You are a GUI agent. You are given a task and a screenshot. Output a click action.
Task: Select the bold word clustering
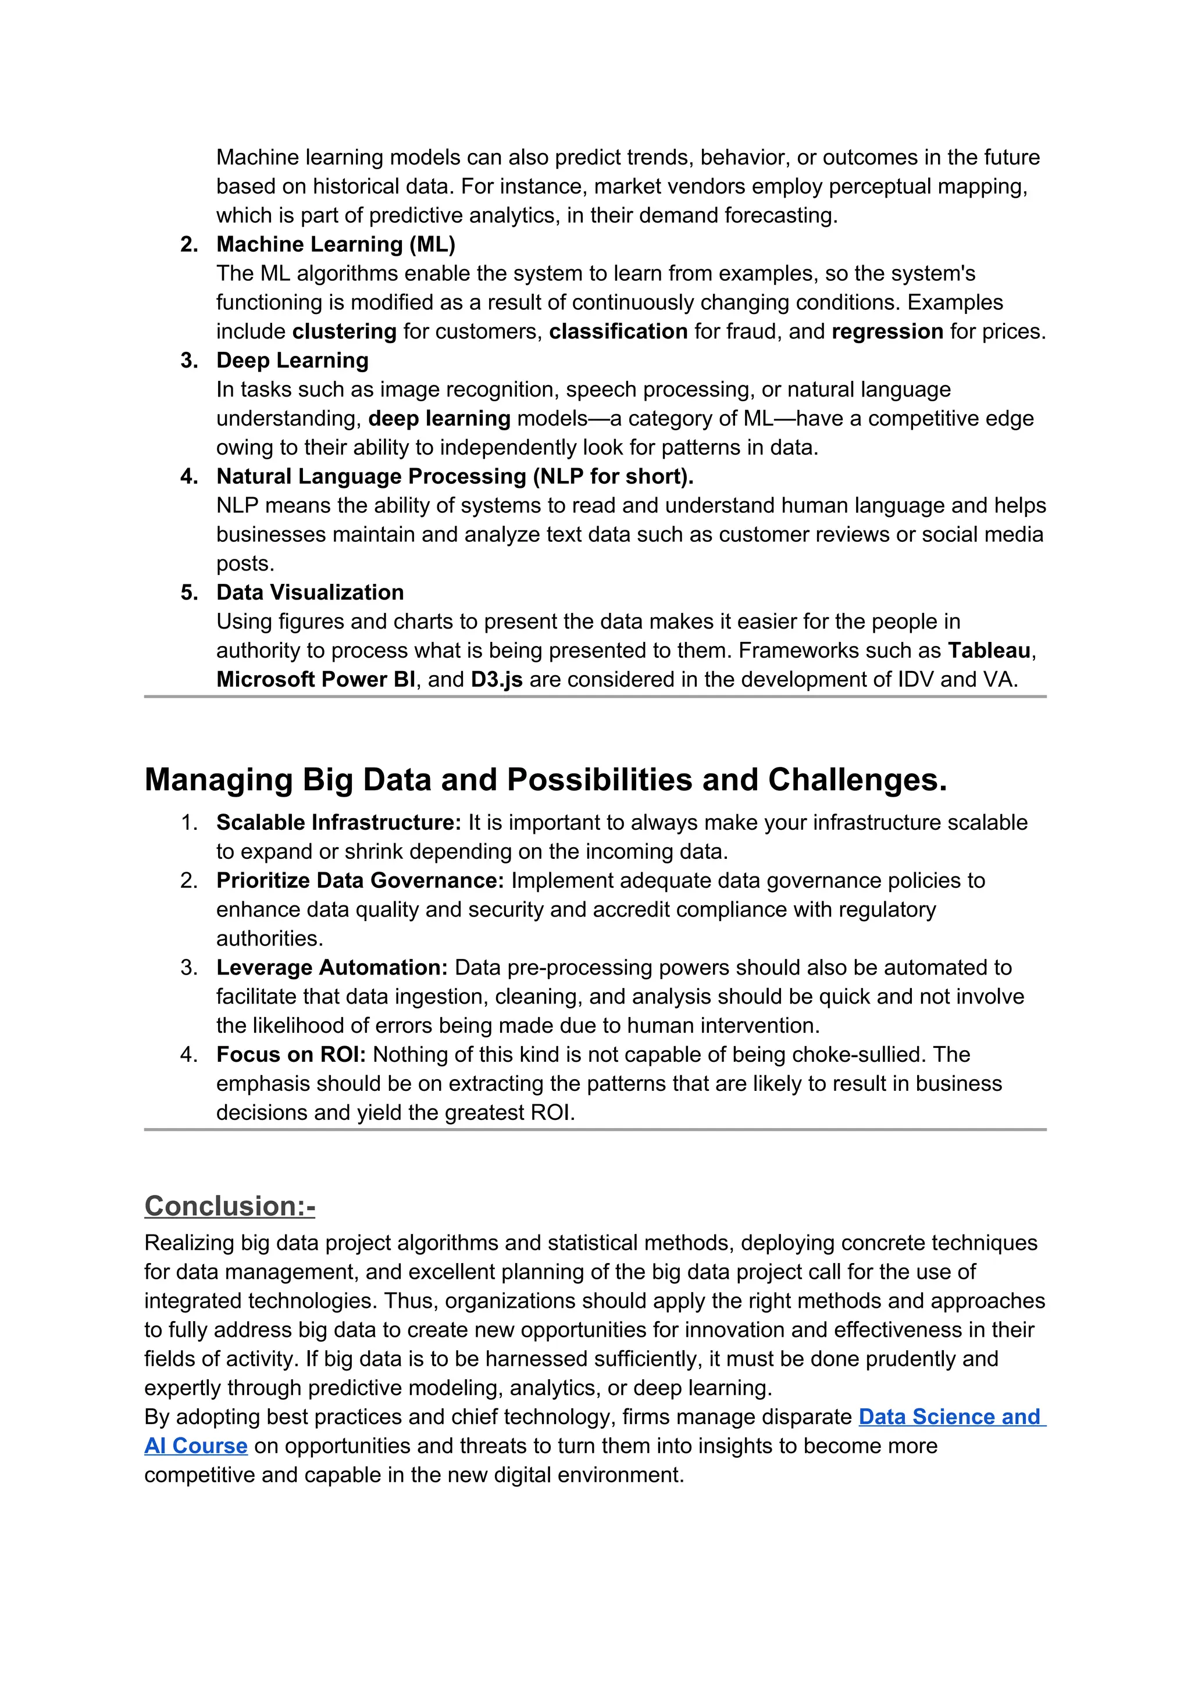[344, 331]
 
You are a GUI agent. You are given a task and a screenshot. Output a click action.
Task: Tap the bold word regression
[887, 331]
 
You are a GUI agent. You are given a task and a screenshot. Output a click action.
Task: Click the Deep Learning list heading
[292, 360]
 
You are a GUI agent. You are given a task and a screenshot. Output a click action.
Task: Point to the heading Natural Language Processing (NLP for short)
[454, 477]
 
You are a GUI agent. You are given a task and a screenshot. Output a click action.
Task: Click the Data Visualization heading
[309, 593]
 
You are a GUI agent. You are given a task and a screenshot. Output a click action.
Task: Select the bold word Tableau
[989, 651]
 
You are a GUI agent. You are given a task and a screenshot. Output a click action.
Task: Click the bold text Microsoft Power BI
[315, 680]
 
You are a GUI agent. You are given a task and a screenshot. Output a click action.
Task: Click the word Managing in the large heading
[218, 780]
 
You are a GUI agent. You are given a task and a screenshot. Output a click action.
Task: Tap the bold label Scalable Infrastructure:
[338, 823]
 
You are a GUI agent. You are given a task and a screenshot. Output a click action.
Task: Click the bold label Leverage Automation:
[331, 968]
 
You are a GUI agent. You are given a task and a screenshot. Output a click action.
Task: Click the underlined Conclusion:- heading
[230, 1207]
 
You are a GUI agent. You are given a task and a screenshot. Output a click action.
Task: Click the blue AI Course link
[196, 1446]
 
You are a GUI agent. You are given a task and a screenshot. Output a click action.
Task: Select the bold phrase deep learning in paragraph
[438, 419]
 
